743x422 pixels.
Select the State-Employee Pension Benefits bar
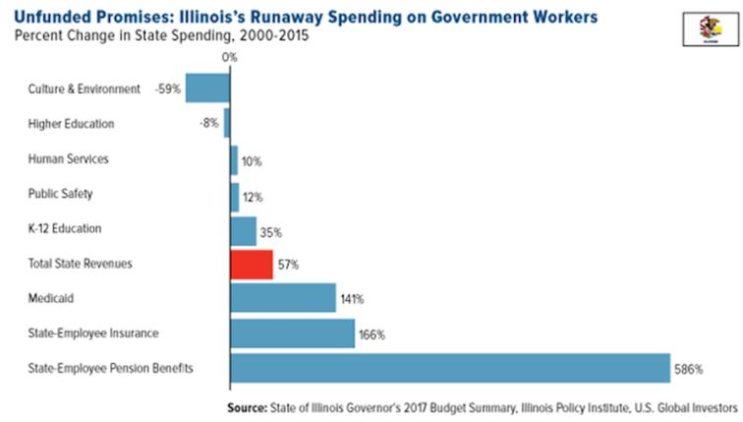pyautogui.click(x=449, y=368)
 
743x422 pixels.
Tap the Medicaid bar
pyautogui.click(x=282, y=298)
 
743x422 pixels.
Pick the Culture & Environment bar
pyautogui.click(x=207, y=89)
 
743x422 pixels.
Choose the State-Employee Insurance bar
pyautogui.click(x=292, y=332)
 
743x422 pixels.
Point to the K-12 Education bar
pyautogui.click(x=243, y=230)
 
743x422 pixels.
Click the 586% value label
pyautogui.click(x=690, y=369)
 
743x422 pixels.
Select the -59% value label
pyautogui.click(x=167, y=90)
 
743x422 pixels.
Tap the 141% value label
pyautogui.click(x=353, y=299)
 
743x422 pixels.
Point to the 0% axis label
pyautogui.click(x=229, y=57)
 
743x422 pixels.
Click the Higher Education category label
pyautogui.click(x=71, y=124)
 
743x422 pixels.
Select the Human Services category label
pyautogui.click(x=68, y=158)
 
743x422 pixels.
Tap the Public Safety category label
pyautogui.click(x=61, y=194)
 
